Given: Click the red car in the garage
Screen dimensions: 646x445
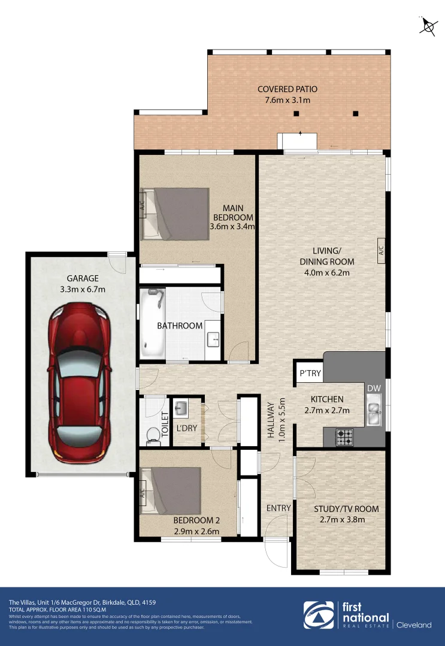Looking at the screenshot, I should pyautogui.click(x=81, y=384).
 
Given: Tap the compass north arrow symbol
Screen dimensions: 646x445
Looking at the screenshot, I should pyautogui.click(x=428, y=26).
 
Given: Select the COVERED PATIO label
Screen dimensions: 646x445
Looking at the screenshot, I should pyautogui.click(x=287, y=89).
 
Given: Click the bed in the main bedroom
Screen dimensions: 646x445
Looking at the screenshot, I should pyautogui.click(x=175, y=214).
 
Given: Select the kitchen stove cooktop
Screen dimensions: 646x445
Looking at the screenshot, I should pyautogui.click(x=344, y=437).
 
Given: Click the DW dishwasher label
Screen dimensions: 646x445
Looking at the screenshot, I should pyautogui.click(x=374, y=389).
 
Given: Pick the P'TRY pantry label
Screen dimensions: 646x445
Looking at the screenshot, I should pyautogui.click(x=310, y=374).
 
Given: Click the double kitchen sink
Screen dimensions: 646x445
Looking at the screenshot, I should pyautogui.click(x=374, y=413).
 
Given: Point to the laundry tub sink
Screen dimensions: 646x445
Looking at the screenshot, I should pyautogui.click(x=182, y=410).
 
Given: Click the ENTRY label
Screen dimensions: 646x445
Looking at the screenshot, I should pyautogui.click(x=278, y=508).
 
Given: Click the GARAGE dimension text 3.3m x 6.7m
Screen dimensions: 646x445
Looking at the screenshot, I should pyautogui.click(x=83, y=290).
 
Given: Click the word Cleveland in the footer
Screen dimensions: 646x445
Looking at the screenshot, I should pyautogui.click(x=414, y=625).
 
